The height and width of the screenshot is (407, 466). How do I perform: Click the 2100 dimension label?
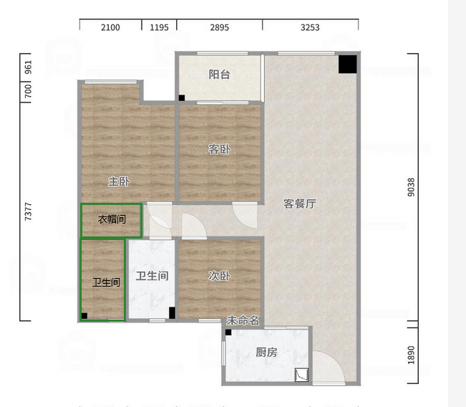pyautogui.click(x=110, y=27)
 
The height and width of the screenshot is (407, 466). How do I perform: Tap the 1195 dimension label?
pyautogui.click(x=159, y=27)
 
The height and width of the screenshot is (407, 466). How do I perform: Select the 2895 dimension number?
pyautogui.click(x=219, y=27)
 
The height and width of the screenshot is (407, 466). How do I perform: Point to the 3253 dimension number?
pyautogui.click(x=310, y=27)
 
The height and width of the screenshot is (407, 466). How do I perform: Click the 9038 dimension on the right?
pyautogui.click(x=411, y=187)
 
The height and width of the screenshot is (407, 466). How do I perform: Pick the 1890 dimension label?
pyautogui.click(x=411, y=355)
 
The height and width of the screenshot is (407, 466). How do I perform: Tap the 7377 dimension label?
pyautogui.click(x=28, y=211)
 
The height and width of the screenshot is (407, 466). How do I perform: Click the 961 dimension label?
pyautogui.click(x=28, y=67)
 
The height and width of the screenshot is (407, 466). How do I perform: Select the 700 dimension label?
pyautogui.click(x=28, y=91)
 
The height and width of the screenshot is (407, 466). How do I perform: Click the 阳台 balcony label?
pyautogui.click(x=219, y=75)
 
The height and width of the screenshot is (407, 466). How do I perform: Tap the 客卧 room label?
pyautogui.click(x=219, y=149)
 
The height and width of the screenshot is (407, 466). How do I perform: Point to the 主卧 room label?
pyautogui.click(x=119, y=181)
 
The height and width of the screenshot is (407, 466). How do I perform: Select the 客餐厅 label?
pyautogui.click(x=299, y=203)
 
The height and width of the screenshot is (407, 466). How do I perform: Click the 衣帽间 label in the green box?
pyautogui.click(x=112, y=219)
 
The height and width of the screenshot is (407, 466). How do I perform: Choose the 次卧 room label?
pyautogui.click(x=219, y=276)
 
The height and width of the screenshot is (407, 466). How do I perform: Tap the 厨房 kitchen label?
pyautogui.click(x=266, y=353)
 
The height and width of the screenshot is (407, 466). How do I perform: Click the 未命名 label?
pyautogui.click(x=243, y=321)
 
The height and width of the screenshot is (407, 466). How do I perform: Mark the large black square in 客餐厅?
pyautogui.click(x=348, y=64)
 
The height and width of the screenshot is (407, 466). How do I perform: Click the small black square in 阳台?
pyautogui.click(x=182, y=98)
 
